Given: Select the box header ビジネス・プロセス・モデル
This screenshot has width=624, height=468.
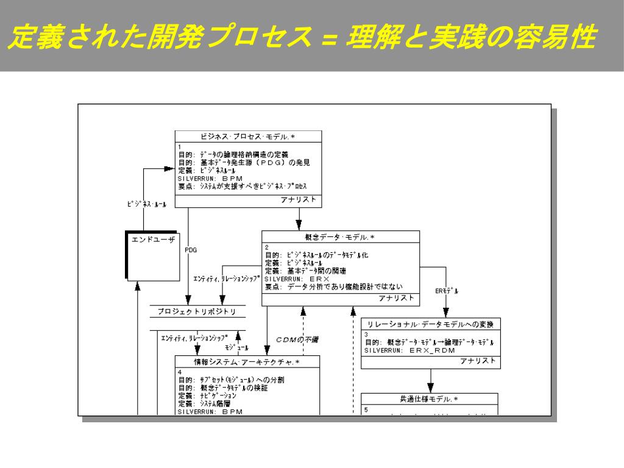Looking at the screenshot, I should click(248, 136).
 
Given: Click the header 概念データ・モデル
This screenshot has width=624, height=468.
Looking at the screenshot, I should click(340, 236).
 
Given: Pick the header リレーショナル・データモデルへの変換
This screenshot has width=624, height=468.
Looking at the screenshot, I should click(430, 324).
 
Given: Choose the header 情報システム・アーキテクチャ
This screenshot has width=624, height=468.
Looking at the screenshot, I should click(247, 361).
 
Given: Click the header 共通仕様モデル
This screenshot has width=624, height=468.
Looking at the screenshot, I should click(429, 400).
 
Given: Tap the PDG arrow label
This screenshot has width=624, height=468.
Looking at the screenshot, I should click(191, 250).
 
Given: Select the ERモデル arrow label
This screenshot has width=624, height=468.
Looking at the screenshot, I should click(447, 291).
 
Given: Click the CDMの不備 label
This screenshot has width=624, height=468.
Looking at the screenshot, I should click(297, 339).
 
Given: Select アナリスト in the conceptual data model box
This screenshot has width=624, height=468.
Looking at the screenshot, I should click(396, 298).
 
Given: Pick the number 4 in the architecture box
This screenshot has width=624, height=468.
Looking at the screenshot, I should click(180, 371).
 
